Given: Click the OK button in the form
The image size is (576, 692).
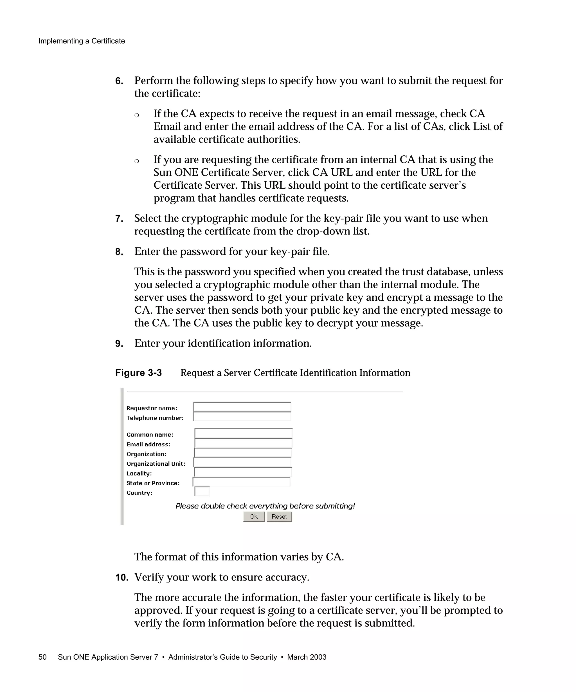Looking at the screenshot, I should (x=254, y=516).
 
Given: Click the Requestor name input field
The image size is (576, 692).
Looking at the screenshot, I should (x=242, y=407).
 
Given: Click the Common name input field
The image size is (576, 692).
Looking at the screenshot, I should (x=243, y=433).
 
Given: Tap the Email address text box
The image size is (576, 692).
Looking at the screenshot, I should (x=243, y=443).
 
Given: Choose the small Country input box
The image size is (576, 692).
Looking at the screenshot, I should (x=202, y=492).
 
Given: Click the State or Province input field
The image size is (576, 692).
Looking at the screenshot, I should (x=242, y=482).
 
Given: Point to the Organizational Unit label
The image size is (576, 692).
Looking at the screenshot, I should (x=156, y=464).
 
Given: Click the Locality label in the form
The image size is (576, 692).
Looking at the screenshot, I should (x=139, y=474).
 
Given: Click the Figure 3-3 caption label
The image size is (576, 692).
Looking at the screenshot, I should (x=138, y=373).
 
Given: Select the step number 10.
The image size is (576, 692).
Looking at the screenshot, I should (x=121, y=578).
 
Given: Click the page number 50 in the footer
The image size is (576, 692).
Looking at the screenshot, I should (x=42, y=657).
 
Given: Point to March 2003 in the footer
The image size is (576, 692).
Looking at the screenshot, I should (x=307, y=657).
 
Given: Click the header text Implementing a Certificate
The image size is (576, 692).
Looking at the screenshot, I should (x=82, y=41).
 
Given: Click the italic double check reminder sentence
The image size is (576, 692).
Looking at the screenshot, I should (x=265, y=506).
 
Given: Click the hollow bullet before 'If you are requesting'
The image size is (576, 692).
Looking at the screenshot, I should (x=137, y=161).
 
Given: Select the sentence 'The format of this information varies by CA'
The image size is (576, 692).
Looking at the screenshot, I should (x=239, y=557).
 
